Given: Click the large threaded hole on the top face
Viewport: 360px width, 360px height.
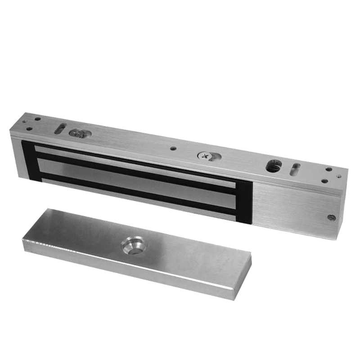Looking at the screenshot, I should click(273, 166).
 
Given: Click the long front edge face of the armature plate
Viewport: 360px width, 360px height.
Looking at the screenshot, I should click(135, 279).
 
